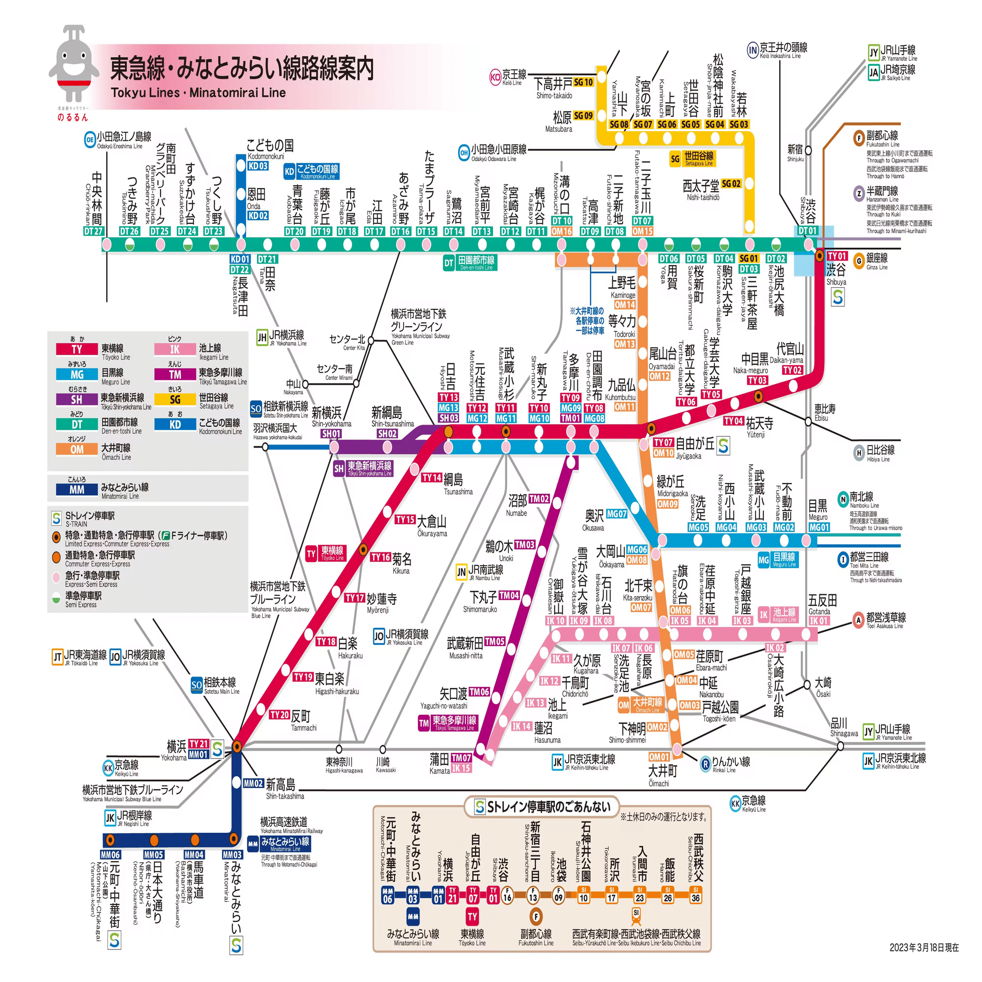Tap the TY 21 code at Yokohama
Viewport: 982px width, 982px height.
click(x=198, y=743)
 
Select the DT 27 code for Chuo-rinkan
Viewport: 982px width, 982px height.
click(x=93, y=231)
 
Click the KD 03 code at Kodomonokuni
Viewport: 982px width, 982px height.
click(x=258, y=165)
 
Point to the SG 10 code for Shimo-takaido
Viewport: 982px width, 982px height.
click(x=583, y=82)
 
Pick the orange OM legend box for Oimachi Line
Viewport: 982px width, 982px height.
click(x=77, y=449)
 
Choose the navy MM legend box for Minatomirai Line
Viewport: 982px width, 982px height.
click(x=77, y=490)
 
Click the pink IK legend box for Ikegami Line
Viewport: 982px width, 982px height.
click(x=175, y=349)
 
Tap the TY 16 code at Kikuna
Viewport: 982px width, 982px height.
click(x=380, y=557)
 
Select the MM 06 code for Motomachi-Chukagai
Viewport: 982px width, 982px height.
click(x=110, y=855)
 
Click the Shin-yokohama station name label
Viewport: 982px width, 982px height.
click(x=331, y=416)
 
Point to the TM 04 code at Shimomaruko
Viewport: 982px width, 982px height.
click(x=509, y=595)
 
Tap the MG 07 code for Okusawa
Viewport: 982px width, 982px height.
click(x=616, y=514)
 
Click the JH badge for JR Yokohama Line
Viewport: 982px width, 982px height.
click(x=262, y=337)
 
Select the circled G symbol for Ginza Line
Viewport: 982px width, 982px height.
click(x=859, y=261)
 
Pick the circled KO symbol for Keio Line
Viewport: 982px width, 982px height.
click(x=495, y=77)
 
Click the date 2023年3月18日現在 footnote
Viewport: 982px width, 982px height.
click(x=924, y=948)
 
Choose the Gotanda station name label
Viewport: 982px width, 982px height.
click(x=821, y=604)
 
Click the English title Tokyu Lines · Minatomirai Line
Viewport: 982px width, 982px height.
click(x=198, y=92)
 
